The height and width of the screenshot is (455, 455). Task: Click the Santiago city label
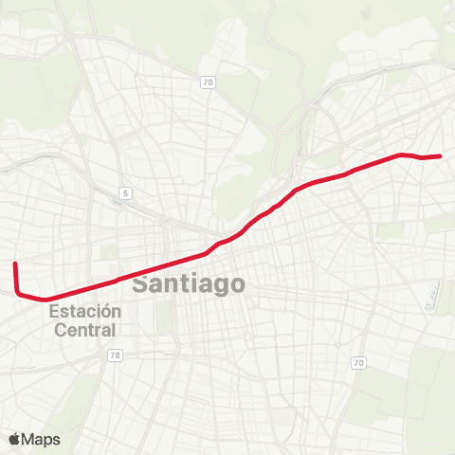(x=189, y=283)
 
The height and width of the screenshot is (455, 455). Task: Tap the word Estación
(x=85, y=311)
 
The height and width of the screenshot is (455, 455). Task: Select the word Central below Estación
(x=85, y=330)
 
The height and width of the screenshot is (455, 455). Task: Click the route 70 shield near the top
(x=207, y=82)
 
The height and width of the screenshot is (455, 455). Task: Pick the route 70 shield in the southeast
(x=357, y=363)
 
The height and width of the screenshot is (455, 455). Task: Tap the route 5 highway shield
(x=125, y=193)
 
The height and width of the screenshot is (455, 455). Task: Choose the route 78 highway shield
(x=115, y=355)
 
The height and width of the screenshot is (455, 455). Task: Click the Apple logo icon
(x=14, y=439)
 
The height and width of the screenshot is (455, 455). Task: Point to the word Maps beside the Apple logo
(x=42, y=439)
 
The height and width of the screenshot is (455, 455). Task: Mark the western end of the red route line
(x=15, y=264)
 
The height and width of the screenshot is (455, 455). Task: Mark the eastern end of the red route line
(x=441, y=155)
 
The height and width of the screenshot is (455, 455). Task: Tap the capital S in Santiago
(x=140, y=283)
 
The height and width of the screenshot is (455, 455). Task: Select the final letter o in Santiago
(x=237, y=283)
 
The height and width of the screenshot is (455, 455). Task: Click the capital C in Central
(x=59, y=330)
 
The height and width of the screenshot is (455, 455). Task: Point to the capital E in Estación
(x=54, y=311)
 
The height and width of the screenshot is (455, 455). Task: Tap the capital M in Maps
(x=28, y=439)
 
